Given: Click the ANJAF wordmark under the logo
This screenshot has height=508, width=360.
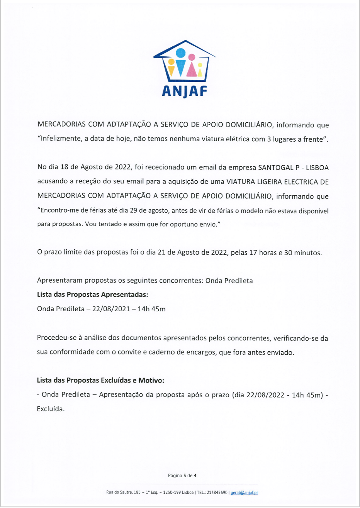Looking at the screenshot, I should pos(185,90).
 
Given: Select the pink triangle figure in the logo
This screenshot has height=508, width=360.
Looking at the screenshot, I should pos(191,68).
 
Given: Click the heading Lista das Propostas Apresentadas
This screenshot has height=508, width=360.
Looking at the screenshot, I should pos(93,295).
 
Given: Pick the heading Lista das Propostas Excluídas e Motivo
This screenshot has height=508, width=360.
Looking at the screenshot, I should pos(100,381).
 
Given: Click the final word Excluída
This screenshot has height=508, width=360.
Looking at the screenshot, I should pos(51,409).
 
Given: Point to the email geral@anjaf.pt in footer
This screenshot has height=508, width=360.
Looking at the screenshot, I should pos(244,493).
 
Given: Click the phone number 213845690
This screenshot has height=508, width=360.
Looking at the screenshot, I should pos(217,493).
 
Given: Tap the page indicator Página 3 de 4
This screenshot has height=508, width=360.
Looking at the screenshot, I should pos(182,476).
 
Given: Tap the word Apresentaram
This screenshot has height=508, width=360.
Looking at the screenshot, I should pos(60,281).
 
